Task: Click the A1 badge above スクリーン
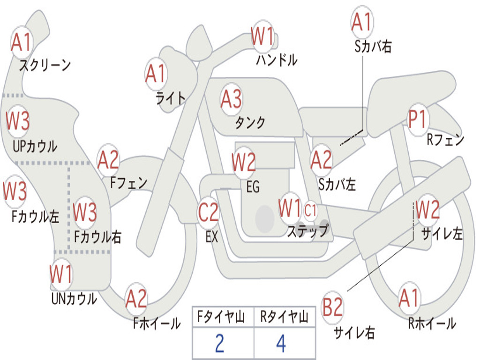pos(22,42)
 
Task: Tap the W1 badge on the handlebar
pos(262,36)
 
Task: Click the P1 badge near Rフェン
pos(418,120)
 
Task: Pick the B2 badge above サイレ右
pos(332,307)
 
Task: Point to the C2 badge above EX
pos(209,212)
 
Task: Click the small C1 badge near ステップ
pos(310,210)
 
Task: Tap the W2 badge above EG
pos(244,162)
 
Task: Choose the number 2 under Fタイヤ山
pos(220,344)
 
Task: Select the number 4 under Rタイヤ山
pos(281,344)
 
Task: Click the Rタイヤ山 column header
pos(285,316)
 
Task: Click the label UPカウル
pos(35,146)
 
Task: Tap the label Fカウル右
pos(97,237)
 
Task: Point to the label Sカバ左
pos(337,184)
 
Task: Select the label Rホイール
pos(432,323)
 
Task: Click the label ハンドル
pos(277,60)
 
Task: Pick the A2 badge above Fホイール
pos(136,299)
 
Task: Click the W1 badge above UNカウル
pos(61,274)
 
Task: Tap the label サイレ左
pos(442,234)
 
